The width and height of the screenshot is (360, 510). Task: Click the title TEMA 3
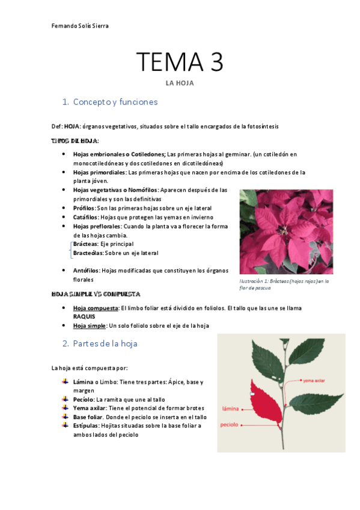coord(180,62)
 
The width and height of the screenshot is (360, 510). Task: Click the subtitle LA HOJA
coord(180,83)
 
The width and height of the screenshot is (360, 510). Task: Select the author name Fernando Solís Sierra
coord(81,26)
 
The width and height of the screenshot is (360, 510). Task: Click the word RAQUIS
coord(84,316)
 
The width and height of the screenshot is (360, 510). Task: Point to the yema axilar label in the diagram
coord(314,380)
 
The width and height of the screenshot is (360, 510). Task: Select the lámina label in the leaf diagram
coord(231,408)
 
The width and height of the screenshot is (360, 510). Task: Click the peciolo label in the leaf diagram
coord(230,425)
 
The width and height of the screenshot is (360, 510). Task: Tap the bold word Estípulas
coord(86,425)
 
